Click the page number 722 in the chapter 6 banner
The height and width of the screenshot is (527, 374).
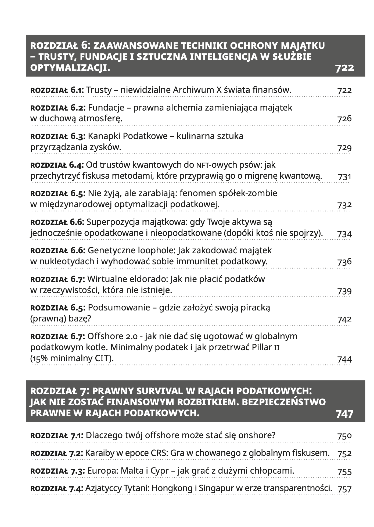click(344, 68)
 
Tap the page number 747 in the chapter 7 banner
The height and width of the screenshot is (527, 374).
click(344, 414)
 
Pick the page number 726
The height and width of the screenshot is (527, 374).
click(344, 119)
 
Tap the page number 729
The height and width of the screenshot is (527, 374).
click(344, 148)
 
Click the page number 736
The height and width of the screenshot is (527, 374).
click(344, 262)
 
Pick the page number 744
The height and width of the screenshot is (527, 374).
click(344, 359)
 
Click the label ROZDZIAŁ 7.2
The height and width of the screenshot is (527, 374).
click(57, 453)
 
